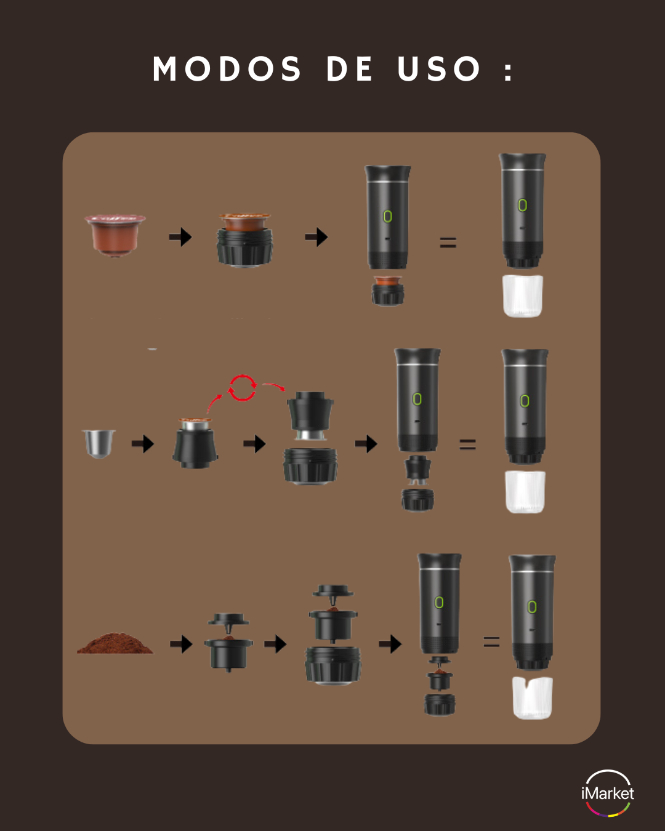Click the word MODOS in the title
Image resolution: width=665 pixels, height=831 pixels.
(x=227, y=69)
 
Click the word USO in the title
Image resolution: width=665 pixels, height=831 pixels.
(x=439, y=69)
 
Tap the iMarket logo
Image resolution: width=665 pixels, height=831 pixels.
(x=607, y=793)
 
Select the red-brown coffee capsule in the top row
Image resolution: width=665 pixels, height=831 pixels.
(x=115, y=235)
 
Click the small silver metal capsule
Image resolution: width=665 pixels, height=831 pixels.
(x=99, y=444)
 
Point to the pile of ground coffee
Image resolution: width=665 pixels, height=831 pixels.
(x=115, y=643)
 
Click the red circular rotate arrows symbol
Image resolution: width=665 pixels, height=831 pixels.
(x=242, y=387)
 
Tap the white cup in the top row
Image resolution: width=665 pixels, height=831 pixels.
(x=522, y=296)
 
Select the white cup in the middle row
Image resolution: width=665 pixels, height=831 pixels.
(x=525, y=492)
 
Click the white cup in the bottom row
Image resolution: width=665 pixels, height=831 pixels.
(x=532, y=698)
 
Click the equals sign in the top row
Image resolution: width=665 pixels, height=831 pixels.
(x=448, y=243)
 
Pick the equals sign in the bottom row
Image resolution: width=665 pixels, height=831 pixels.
(x=491, y=642)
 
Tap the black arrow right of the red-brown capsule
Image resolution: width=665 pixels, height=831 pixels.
(x=180, y=237)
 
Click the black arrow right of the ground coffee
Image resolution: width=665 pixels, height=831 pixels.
(x=181, y=644)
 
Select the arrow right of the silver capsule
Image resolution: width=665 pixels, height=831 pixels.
(x=143, y=444)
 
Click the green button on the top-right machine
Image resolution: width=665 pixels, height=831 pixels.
(x=522, y=205)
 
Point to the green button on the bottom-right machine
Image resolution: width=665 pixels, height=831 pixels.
(x=532, y=607)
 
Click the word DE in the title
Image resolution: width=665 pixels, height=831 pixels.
(x=349, y=69)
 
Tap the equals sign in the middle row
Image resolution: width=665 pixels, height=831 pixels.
(x=467, y=444)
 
